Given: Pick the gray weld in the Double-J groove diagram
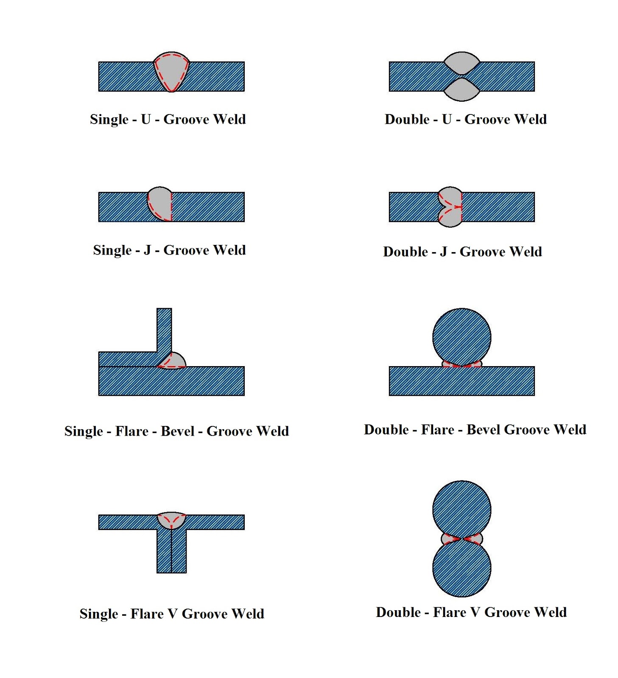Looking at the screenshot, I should point(450,207).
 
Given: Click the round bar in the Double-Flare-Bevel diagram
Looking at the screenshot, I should point(461,337).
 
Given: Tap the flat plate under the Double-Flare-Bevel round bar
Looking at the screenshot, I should point(461,381).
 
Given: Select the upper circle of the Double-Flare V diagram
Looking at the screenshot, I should point(461,509).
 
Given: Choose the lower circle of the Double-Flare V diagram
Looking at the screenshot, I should point(461,568).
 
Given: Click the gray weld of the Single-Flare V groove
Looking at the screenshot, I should point(171,519).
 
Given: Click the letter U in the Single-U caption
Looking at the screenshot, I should point(146,119).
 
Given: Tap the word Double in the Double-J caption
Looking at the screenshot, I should point(405,252).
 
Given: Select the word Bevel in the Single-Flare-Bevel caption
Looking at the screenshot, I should point(178,431).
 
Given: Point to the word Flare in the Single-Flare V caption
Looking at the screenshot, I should point(147,614).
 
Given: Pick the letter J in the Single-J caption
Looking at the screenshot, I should point(147,250).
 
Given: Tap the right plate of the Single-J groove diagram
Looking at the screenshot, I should point(208,207).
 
